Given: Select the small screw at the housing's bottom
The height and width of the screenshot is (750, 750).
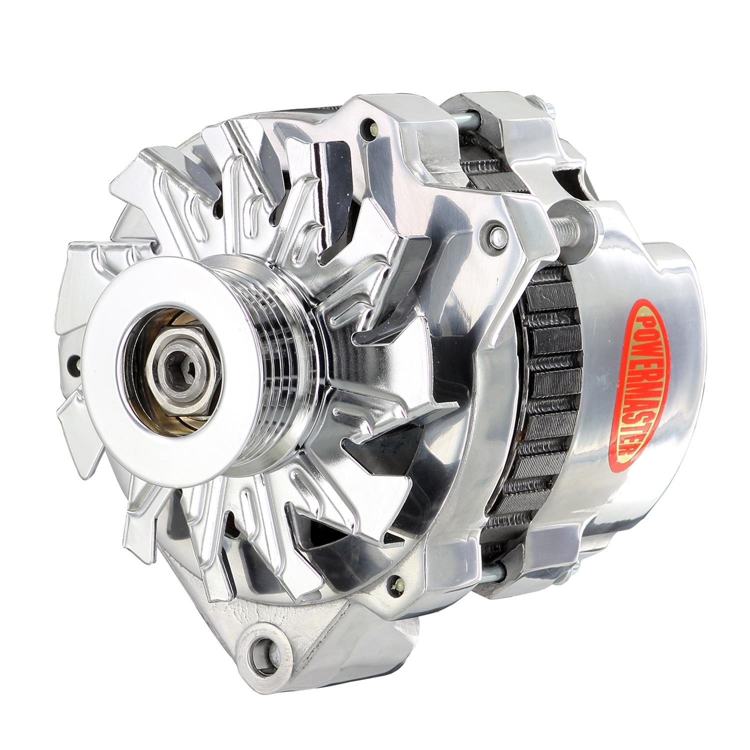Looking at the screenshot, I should coord(398,583).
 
